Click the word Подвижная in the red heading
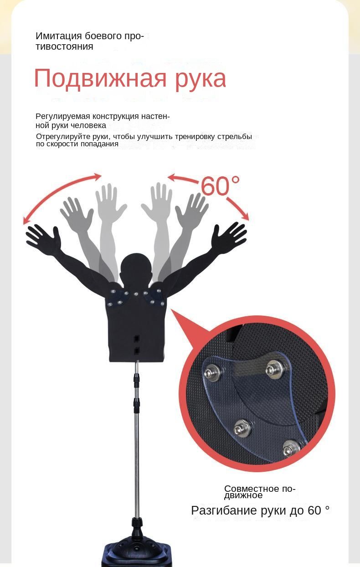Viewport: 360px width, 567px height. (100, 78)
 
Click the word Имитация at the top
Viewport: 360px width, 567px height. (58, 36)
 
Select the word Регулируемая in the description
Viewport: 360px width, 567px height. (62, 117)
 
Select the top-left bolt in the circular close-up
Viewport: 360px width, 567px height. (210, 372)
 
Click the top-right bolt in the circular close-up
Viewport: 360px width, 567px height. (274, 370)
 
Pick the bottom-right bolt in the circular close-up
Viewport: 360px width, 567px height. (290, 448)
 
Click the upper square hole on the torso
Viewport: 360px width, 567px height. (137, 338)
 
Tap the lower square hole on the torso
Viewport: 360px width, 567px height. (137, 351)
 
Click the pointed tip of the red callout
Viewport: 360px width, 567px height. (171, 309)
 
